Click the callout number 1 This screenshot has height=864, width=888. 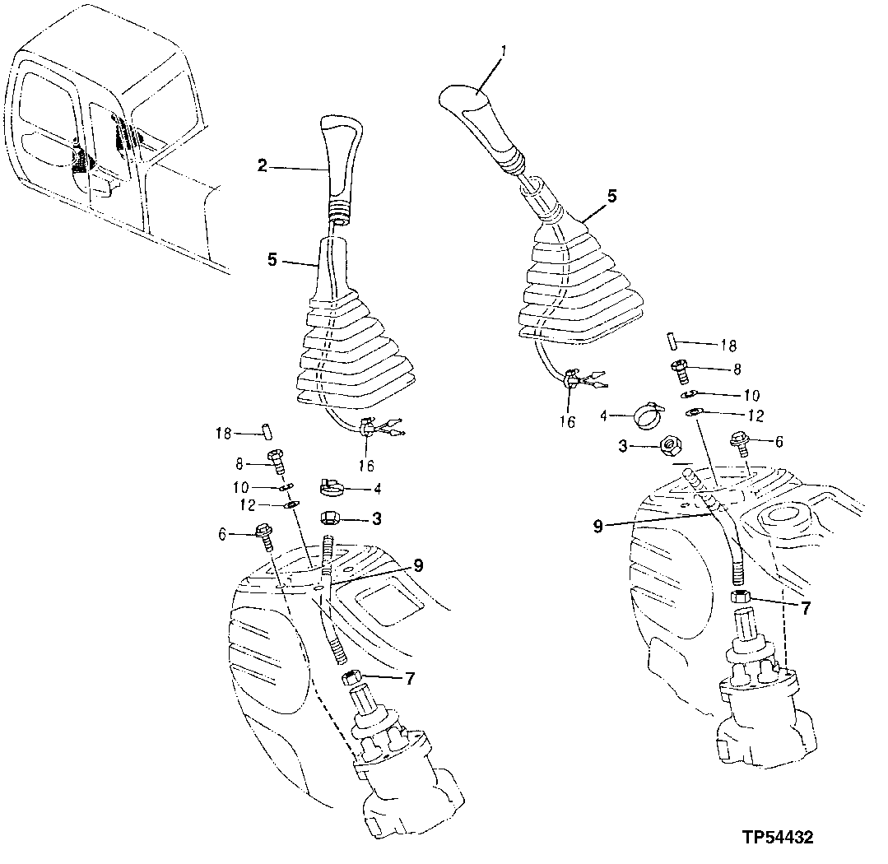(x=504, y=52)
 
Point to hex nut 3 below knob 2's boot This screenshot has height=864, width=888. (x=332, y=520)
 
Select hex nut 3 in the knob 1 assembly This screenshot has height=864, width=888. (x=670, y=446)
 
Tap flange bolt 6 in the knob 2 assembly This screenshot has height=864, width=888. (x=267, y=536)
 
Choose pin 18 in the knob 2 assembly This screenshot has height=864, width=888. (x=267, y=432)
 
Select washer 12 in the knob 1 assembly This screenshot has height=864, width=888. (x=695, y=411)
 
